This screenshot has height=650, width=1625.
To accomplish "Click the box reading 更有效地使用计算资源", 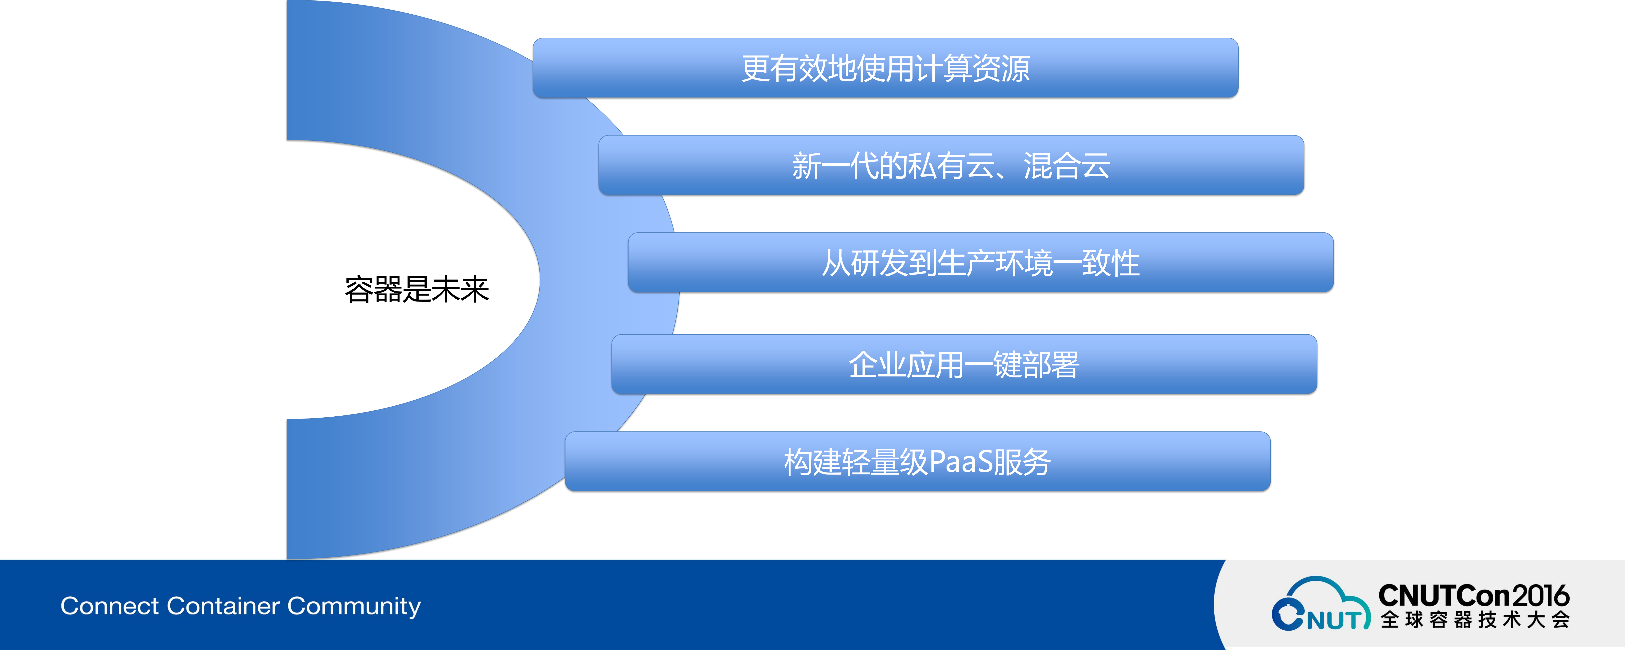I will (x=885, y=68).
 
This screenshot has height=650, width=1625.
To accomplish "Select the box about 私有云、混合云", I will (x=951, y=165).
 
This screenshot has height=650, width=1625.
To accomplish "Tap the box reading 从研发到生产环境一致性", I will (x=980, y=263).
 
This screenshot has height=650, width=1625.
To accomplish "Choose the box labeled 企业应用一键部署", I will (x=964, y=365).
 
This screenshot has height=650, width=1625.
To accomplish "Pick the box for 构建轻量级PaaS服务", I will (x=917, y=462).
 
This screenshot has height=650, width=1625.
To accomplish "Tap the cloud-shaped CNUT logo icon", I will (x=1320, y=605).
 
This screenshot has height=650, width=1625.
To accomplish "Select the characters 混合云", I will (x=1067, y=165).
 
